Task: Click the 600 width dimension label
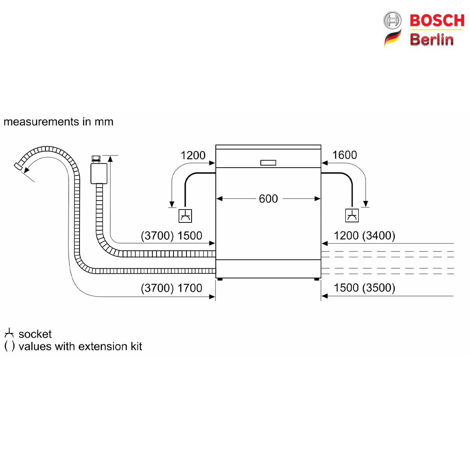(268, 199)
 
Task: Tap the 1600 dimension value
(344, 155)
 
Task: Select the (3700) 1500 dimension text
(172, 236)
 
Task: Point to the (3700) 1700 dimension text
(172, 288)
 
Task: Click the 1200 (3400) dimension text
(364, 236)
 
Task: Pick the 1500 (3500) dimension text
(364, 288)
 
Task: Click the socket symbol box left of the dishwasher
(185, 216)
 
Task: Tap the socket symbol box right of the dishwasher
(352, 215)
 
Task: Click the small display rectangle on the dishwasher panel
(268, 163)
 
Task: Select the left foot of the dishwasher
(220, 279)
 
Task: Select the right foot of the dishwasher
(316, 279)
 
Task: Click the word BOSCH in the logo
(437, 20)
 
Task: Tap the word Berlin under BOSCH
(432, 39)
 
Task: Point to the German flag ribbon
(393, 38)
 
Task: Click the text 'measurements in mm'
(58, 122)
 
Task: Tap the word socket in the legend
(35, 334)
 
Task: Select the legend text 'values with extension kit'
(80, 346)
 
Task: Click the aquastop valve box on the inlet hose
(99, 174)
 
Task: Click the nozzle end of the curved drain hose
(18, 166)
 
